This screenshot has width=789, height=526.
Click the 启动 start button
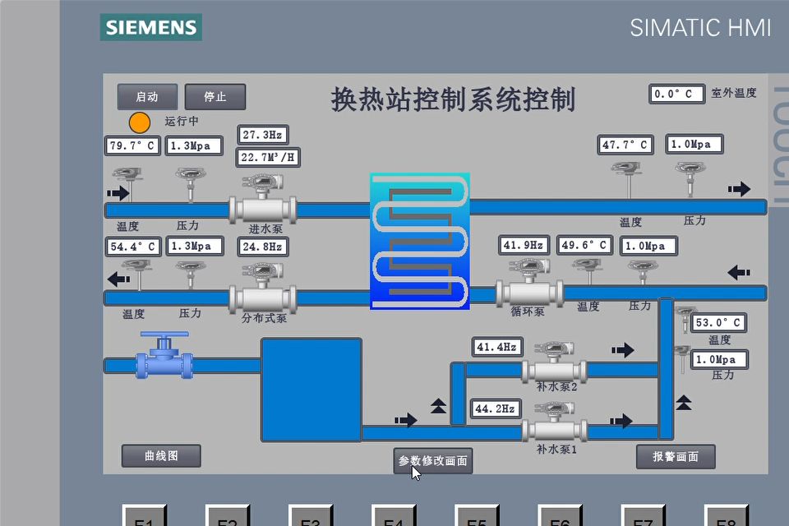147,97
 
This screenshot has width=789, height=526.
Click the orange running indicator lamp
140,122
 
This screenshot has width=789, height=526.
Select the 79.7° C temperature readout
133,146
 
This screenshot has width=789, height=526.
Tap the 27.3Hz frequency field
263,135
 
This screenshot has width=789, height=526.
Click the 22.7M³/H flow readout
269,157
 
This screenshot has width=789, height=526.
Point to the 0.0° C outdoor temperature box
677,94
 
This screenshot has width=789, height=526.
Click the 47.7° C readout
625,145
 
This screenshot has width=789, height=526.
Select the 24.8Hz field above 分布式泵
263,247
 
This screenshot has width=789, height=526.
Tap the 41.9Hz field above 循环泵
524,245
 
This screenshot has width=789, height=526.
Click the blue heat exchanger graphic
420,241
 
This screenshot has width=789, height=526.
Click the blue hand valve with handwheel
164,357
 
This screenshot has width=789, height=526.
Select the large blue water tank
311,389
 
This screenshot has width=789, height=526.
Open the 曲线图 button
161,455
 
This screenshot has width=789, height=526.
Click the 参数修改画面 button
433,461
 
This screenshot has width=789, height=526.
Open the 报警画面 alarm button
676,456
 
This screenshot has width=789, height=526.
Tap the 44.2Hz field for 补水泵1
496,408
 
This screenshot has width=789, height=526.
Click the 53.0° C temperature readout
718,323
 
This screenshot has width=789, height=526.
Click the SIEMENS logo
151,27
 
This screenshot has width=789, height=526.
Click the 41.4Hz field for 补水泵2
497,348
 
